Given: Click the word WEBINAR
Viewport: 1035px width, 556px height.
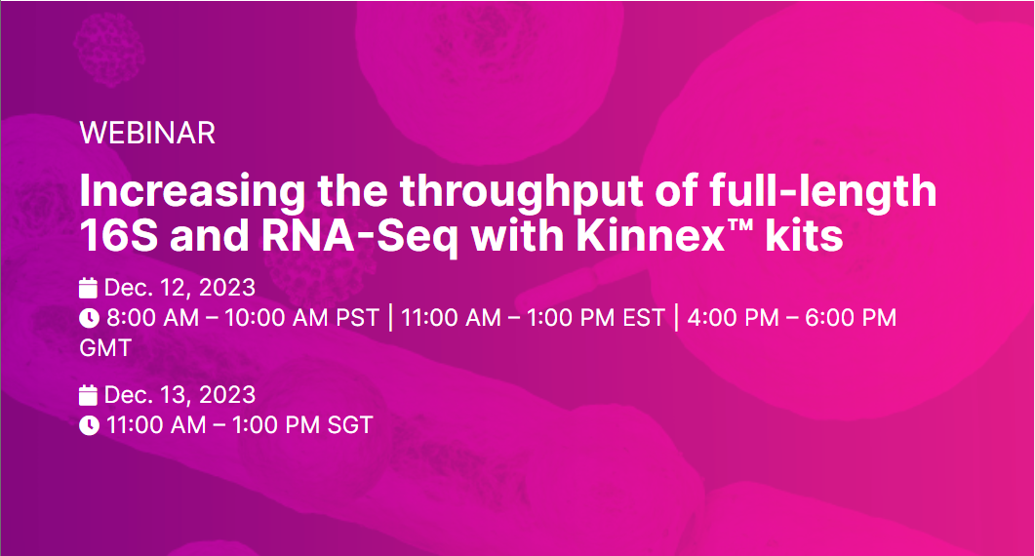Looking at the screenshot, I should click(147, 133).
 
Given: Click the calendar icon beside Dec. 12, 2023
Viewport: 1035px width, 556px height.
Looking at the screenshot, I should click(89, 288).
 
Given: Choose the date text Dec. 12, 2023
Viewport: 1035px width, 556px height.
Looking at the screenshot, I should click(179, 288).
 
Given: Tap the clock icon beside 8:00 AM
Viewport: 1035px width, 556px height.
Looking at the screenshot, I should click(89, 318).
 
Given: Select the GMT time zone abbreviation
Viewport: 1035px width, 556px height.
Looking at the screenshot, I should click(105, 347).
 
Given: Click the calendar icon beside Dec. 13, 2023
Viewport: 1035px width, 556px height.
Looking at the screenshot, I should click(89, 395).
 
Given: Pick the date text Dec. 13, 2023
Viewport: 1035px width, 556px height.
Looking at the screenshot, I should click(179, 395).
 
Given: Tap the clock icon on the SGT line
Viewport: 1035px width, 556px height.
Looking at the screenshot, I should click(89, 425).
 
